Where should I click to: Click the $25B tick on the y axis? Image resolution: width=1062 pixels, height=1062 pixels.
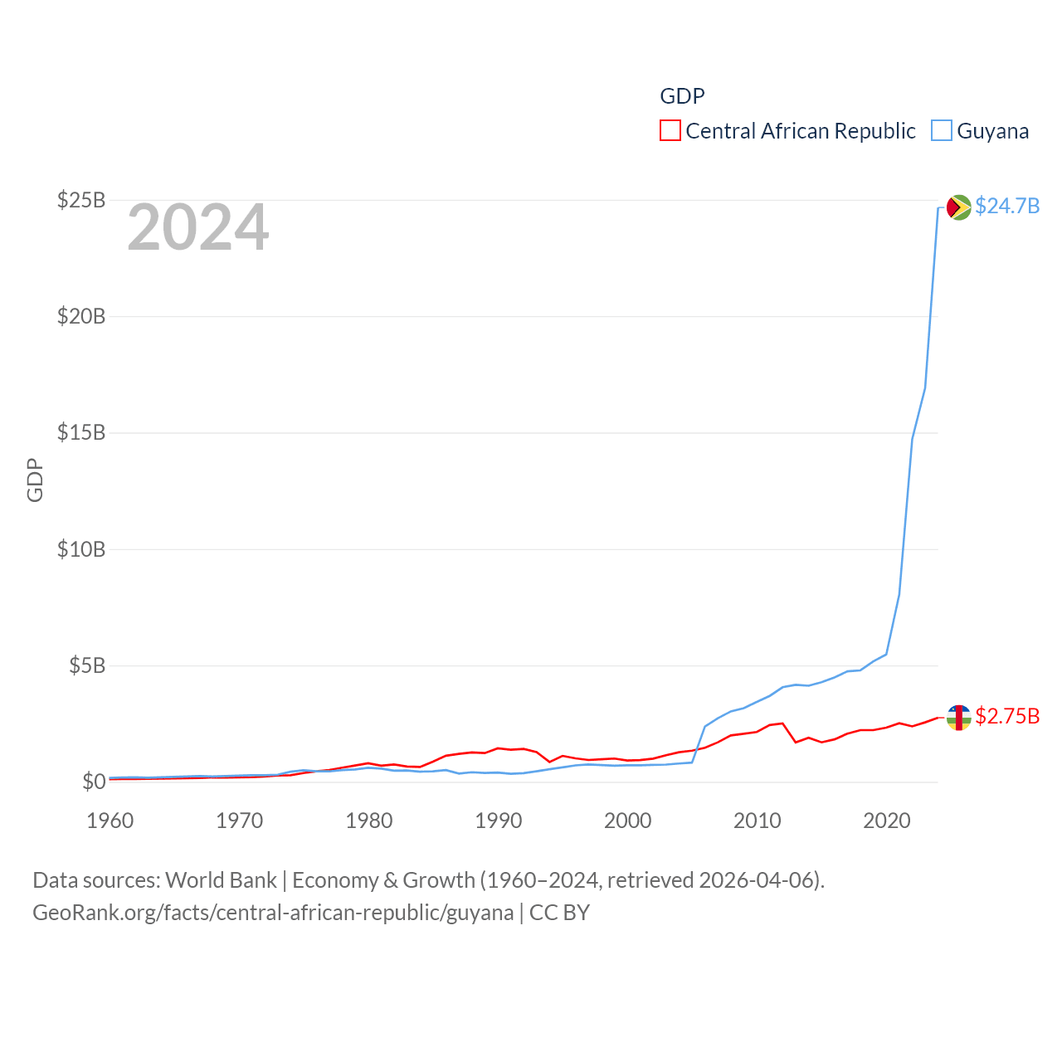coord(81,200)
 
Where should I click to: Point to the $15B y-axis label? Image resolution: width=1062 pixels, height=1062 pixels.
coord(81,432)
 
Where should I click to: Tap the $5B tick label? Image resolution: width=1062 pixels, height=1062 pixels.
coord(87,665)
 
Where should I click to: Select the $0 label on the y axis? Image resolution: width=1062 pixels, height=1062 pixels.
coord(94,782)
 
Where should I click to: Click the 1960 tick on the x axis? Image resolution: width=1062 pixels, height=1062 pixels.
coord(110,821)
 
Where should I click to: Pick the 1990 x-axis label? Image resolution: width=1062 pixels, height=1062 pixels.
coord(499,821)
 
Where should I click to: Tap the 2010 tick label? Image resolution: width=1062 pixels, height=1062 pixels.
coord(758,821)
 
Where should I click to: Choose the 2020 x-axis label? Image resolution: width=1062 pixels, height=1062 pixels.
coord(887,821)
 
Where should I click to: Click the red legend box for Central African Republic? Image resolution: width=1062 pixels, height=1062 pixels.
coord(670,131)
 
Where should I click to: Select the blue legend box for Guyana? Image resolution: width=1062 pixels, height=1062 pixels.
coord(942,131)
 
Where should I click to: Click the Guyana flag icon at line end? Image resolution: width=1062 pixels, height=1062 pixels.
coord(959,207)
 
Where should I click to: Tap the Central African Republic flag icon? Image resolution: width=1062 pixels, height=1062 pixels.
coord(959,717)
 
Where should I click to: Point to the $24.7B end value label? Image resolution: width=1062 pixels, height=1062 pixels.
coord(1007,206)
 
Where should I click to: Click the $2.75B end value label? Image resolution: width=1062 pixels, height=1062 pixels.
coord(1007,716)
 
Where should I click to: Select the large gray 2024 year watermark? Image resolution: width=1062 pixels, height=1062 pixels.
coord(198,227)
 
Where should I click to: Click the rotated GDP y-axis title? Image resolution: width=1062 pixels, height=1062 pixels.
coord(35,480)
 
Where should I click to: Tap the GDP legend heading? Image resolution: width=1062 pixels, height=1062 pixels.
coord(682,96)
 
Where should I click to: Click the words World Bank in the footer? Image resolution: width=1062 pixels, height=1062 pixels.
coord(222,879)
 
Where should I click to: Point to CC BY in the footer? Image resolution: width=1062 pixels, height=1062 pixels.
coord(560,913)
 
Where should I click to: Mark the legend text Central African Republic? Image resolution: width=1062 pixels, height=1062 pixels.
coord(801,131)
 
